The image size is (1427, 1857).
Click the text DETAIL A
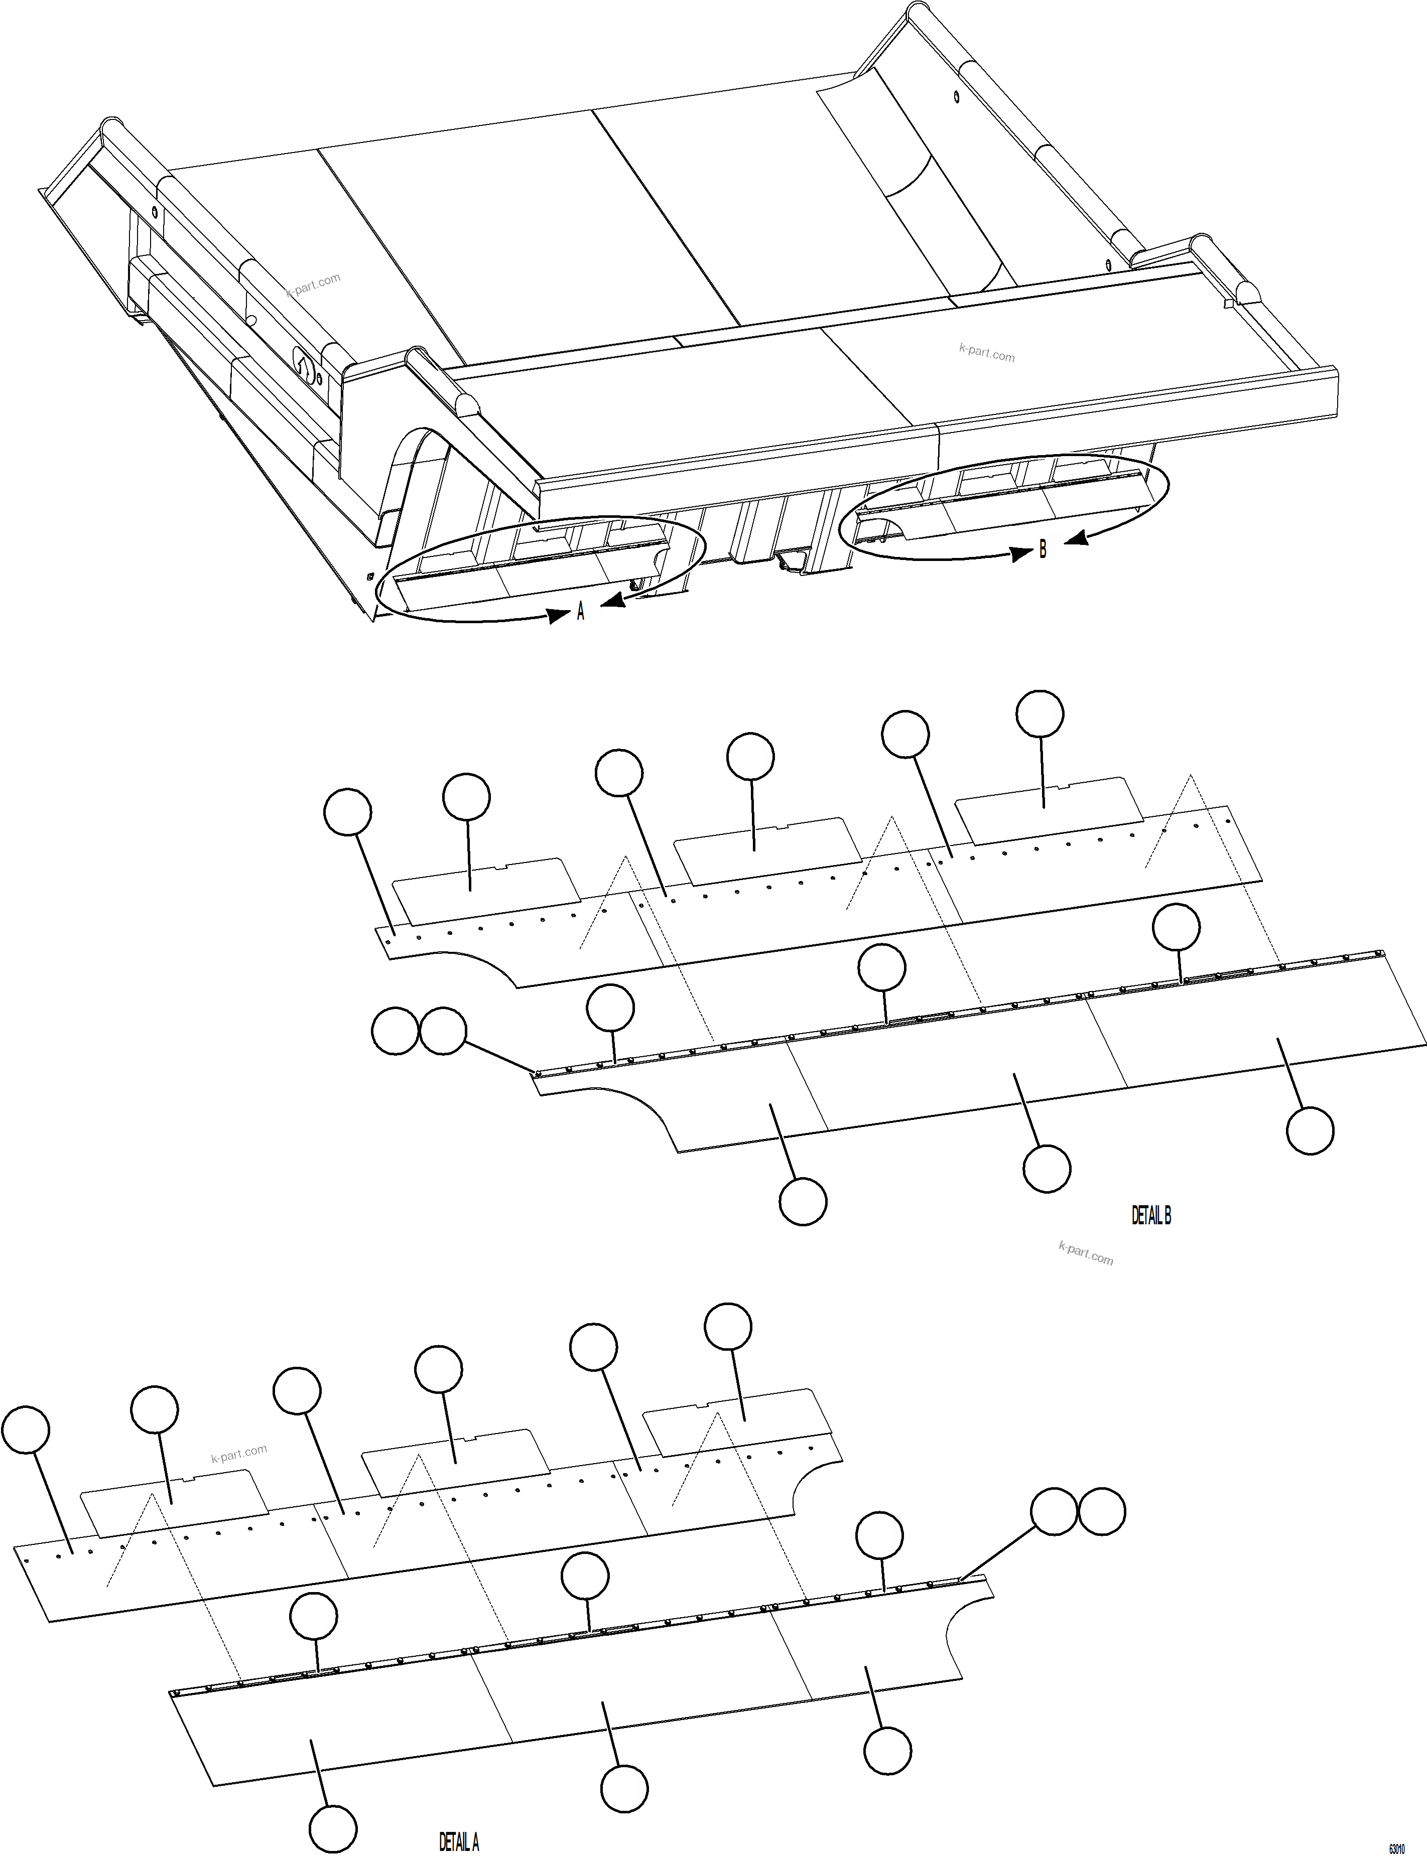(x=459, y=1842)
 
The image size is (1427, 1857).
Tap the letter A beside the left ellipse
(x=581, y=611)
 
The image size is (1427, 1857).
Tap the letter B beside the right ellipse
(x=1043, y=550)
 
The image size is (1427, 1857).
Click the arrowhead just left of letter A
(x=558, y=615)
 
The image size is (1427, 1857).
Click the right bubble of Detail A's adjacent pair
(x=1102, y=1511)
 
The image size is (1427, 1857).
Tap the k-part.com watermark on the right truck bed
(x=986, y=352)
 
